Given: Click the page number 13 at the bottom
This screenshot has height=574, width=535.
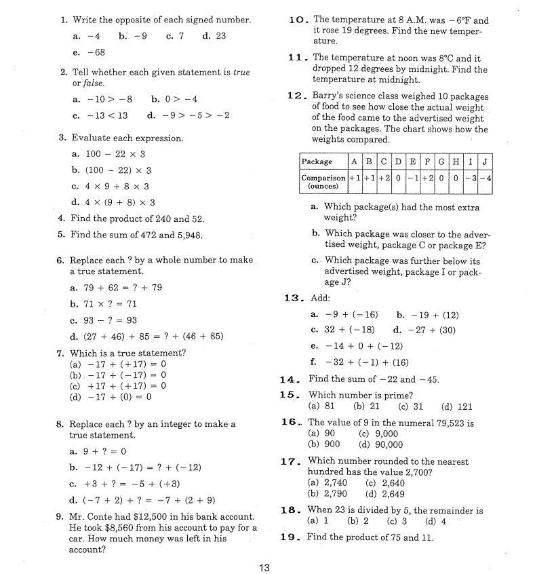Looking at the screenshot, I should [x=264, y=567].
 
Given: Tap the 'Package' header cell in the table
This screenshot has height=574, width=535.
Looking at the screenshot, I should [x=317, y=161].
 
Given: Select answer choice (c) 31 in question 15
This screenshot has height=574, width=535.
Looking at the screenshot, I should [x=410, y=406].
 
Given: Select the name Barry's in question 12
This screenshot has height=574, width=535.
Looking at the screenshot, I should [x=328, y=96].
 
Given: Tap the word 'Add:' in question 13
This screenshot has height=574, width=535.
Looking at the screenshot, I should [x=320, y=298].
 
